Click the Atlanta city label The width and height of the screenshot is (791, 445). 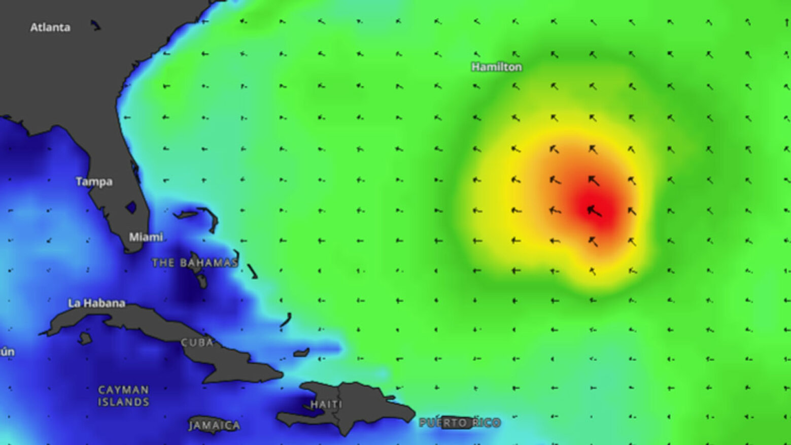tap(50, 27)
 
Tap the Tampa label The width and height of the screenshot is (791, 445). tap(94, 182)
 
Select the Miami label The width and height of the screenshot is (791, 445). tap(146, 237)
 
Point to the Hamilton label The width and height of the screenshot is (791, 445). tap(496, 67)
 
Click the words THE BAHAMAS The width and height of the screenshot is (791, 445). tap(195, 263)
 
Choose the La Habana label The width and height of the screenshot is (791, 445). tap(96, 303)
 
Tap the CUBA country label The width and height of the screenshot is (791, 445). tap(197, 343)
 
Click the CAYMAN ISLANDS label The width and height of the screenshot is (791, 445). tap(123, 396)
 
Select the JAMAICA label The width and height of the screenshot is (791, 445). tap(214, 425)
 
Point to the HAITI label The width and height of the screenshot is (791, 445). tap(326, 404)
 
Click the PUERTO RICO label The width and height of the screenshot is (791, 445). tap(460, 423)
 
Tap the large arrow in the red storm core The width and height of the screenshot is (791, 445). tap(594, 211)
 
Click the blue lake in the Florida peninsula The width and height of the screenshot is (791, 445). tap(131, 207)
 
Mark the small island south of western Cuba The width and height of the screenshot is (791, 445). tap(85, 338)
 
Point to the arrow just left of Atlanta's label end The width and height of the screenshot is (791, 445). tap(95, 25)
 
